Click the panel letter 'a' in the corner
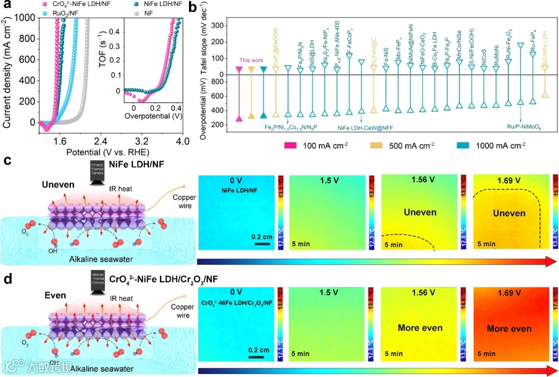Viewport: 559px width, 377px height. point(8,7)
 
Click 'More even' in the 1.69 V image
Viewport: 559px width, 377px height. point(509,329)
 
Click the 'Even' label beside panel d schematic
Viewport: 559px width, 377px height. point(55,295)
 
